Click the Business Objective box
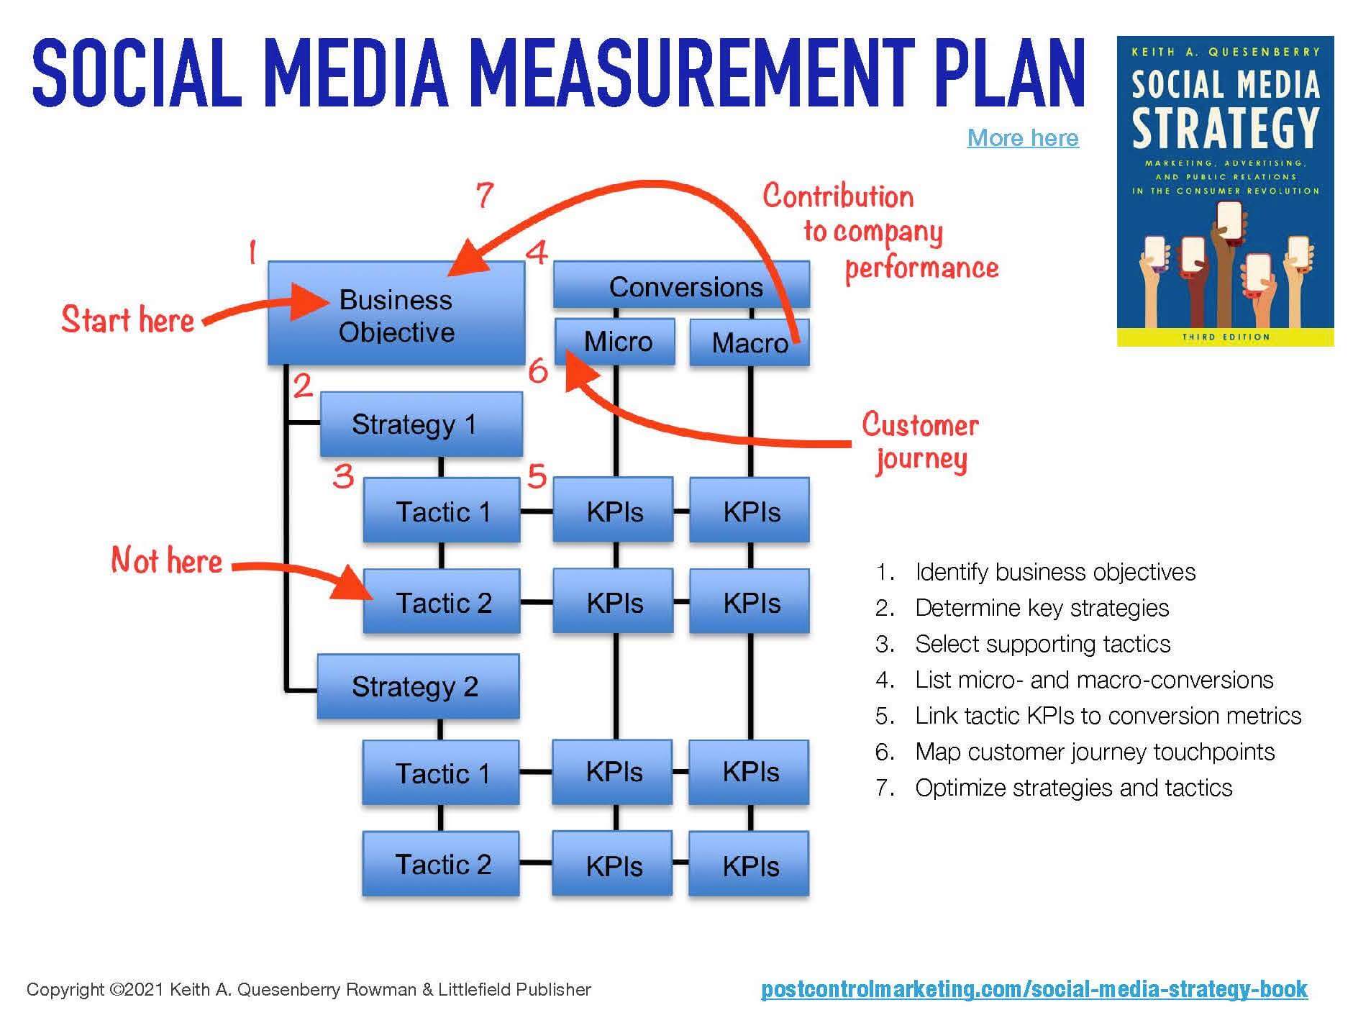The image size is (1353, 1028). pos(396,314)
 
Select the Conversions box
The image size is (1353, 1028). pos(681,286)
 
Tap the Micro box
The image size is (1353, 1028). pos(615,341)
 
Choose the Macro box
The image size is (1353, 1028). pos(749,342)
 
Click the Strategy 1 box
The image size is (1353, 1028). pos(421,424)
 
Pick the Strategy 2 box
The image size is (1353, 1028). pos(418,686)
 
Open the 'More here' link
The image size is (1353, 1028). pos(1022,137)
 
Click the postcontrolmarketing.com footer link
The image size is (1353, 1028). pos(1034,988)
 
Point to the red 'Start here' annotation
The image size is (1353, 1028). pos(127,319)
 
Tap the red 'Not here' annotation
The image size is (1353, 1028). pos(166,560)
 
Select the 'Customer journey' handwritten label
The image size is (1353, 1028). pos(920,441)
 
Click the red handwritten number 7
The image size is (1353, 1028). pos(485,194)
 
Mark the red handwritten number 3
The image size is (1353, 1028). pos(343,476)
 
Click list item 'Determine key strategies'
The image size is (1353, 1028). pos(1042,608)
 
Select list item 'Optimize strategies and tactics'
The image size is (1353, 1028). pos(1073,788)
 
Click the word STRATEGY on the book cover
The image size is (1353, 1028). pos(1225,128)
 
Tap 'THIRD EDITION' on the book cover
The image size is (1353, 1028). pos(1225,337)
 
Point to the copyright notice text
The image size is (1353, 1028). pos(309,989)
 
